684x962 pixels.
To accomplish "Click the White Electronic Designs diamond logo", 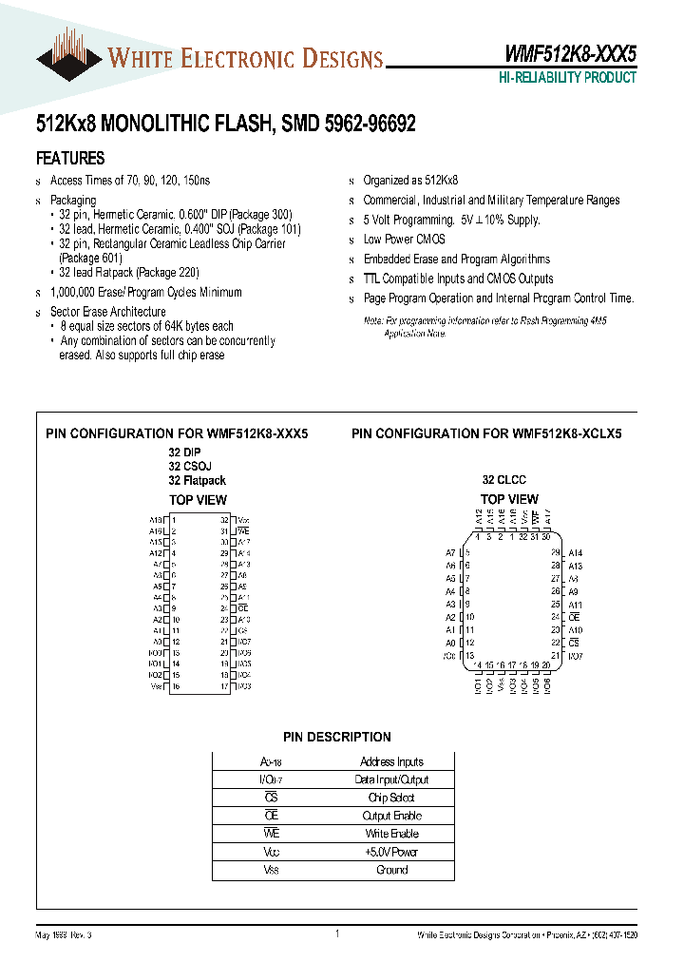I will pyautogui.click(x=69, y=55).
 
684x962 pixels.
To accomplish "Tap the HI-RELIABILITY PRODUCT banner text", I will pyautogui.click(x=567, y=78).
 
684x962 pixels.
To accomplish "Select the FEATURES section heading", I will pyautogui.click(x=70, y=159).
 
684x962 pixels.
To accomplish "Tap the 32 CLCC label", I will pyautogui.click(x=503, y=480).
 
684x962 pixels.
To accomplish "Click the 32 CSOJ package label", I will pyautogui.click(x=190, y=467).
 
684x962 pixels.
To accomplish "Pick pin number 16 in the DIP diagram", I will pyautogui.click(x=175, y=686).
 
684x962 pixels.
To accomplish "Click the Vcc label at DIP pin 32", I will pyautogui.click(x=243, y=520).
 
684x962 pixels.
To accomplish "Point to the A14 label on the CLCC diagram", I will pyautogui.click(x=575, y=553).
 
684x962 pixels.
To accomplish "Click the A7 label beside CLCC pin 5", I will pyautogui.click(x=450, y=553).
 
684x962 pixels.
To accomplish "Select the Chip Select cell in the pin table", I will pyautogui.click(x=392, y=798).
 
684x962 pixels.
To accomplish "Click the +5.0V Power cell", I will pyautogui.click(x=392, y=852).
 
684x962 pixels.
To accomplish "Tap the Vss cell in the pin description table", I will pyautogui.click(x=272, y=870).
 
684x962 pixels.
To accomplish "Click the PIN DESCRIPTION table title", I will pyautogui.click(x=337, y=737).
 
